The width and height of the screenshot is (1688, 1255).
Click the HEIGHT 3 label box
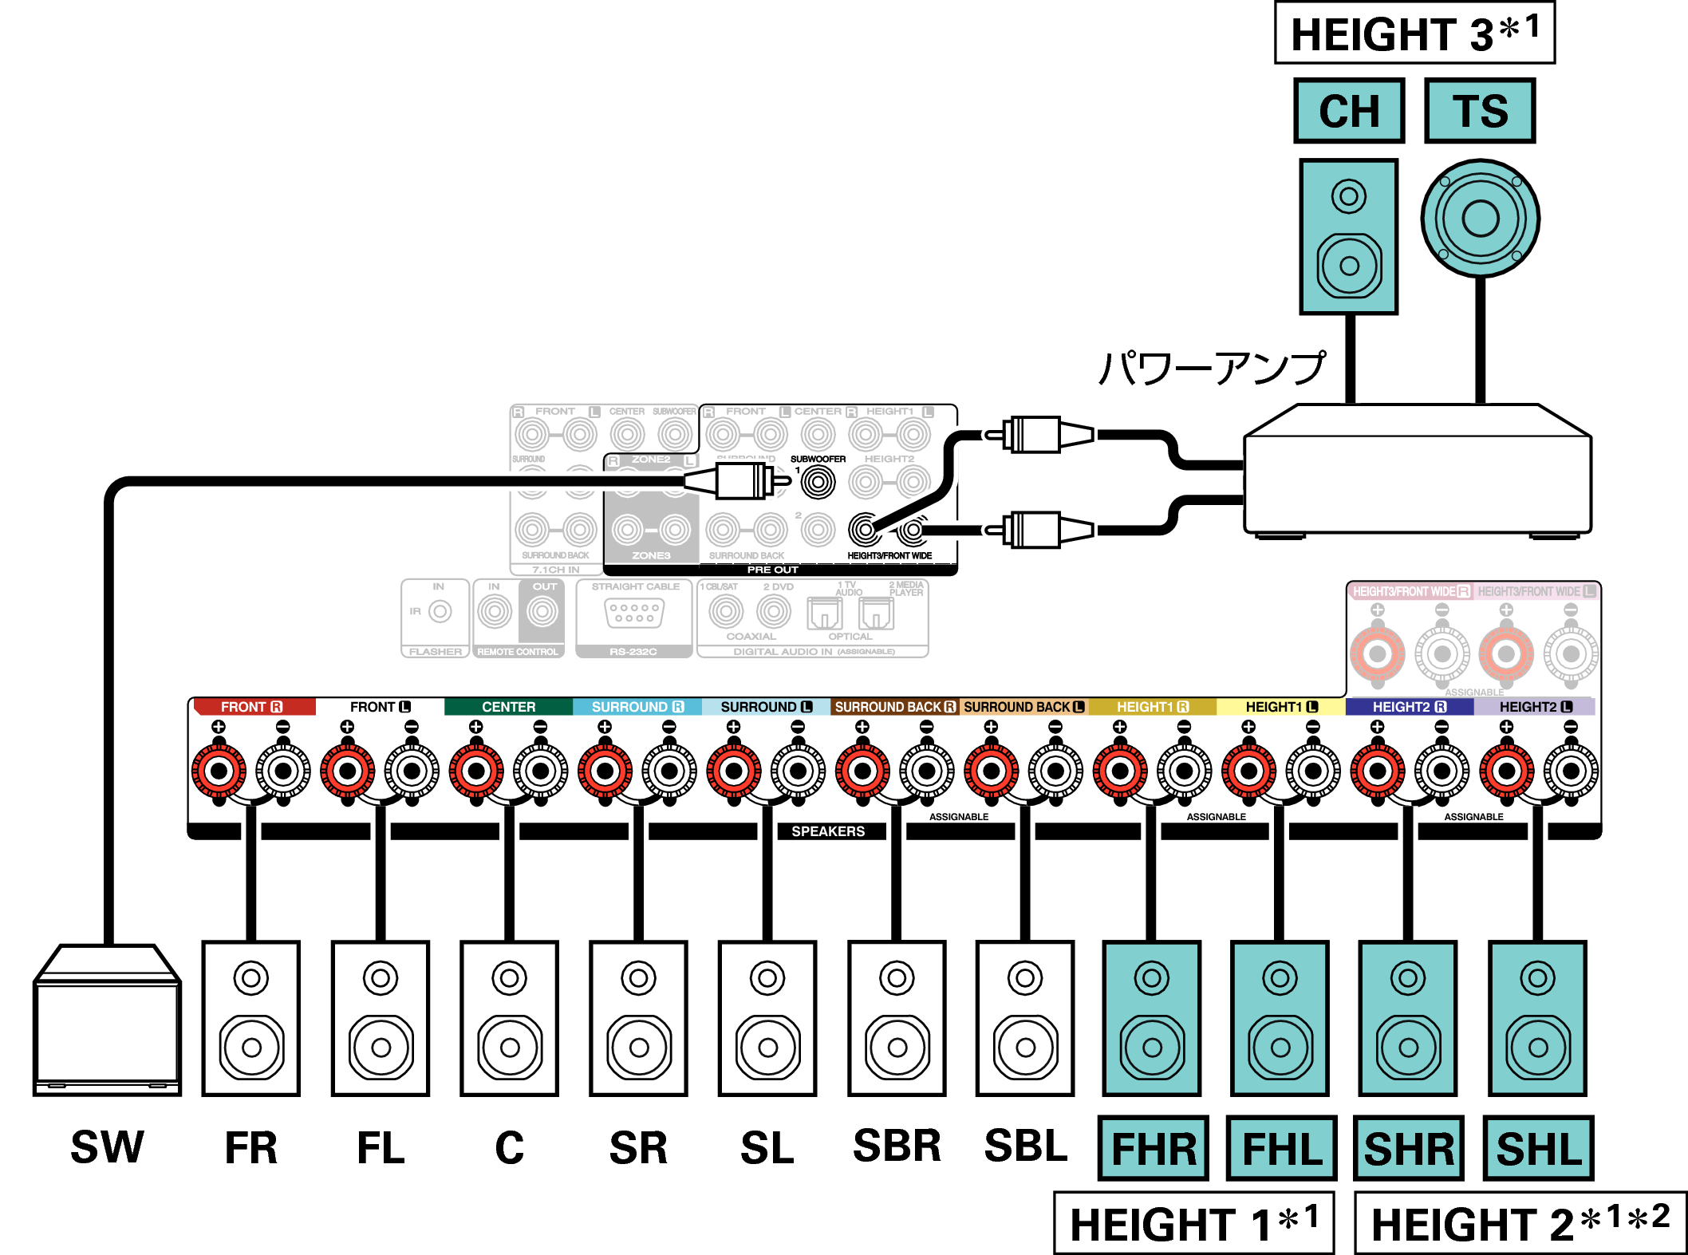[x=1414, y=34]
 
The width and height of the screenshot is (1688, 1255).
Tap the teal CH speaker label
[x=1348, y=111]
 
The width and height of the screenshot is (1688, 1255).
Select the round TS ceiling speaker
[x=1480, y=218]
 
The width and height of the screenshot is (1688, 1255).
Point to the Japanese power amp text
[x=1212, y=369]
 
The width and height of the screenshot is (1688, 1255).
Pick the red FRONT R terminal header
[x=252, y=707]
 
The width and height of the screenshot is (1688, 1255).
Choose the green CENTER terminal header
[x=508, y=707]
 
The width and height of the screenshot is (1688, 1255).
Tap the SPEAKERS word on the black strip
[x=828, y=831]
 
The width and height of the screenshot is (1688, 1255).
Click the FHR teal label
[x=1154, y=1149]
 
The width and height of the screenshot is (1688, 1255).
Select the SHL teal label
[x=1538, y=1149]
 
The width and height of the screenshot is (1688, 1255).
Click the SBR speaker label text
[x=897, y=1146]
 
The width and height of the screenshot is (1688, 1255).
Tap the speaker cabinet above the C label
[x=509, y=1019]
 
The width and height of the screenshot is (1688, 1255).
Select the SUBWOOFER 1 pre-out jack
[x=818, y=482]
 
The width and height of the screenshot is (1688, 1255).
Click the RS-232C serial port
[x=634, y=614]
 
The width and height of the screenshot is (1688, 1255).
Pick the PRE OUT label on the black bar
[x=772, y=570]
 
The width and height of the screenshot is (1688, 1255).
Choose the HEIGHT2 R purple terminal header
[x=1409, y=707]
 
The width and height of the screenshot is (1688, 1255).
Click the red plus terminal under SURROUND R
[x=605, y=772]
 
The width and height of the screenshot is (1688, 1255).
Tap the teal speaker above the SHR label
[x=1408, y=1019]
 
